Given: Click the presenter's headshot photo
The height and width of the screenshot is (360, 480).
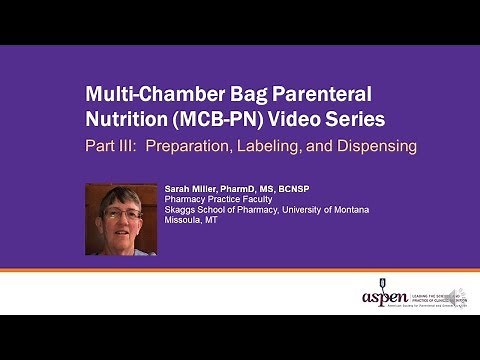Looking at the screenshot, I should [121, 220].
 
